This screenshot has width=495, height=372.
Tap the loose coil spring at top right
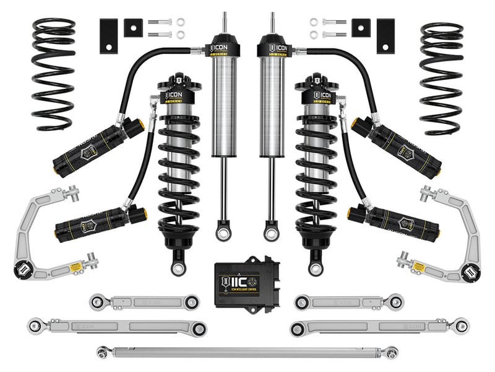(x=441, y=77)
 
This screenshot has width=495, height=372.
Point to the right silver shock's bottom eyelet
(x=270, y=233)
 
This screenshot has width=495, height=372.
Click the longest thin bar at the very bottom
(x=247, y=352)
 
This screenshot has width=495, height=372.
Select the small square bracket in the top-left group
(x=132, y=27)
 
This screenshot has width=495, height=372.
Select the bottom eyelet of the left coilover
(x=178, y=267)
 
